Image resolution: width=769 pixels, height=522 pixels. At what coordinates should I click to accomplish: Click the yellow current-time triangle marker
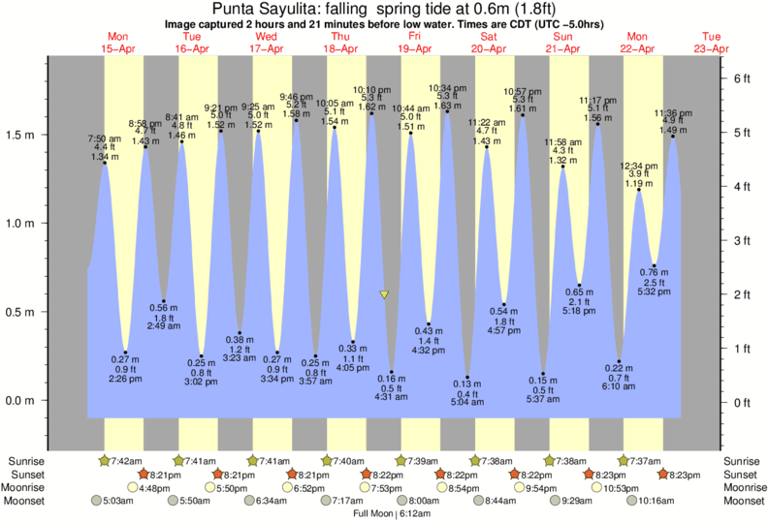point(384,294)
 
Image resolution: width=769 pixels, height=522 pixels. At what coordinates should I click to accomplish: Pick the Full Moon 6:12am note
point(389,513)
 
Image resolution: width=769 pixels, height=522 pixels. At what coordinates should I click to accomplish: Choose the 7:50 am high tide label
point(105,148)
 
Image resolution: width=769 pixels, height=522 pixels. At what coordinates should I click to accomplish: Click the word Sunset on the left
point(26,475)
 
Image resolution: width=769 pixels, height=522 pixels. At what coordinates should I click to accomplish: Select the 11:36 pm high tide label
point(672,121)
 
